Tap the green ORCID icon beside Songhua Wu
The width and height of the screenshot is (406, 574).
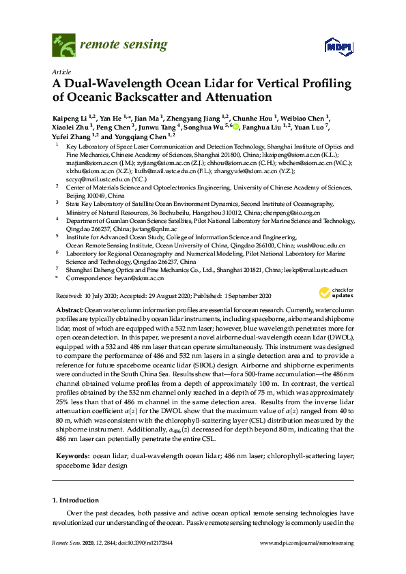(x=236, y=127)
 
